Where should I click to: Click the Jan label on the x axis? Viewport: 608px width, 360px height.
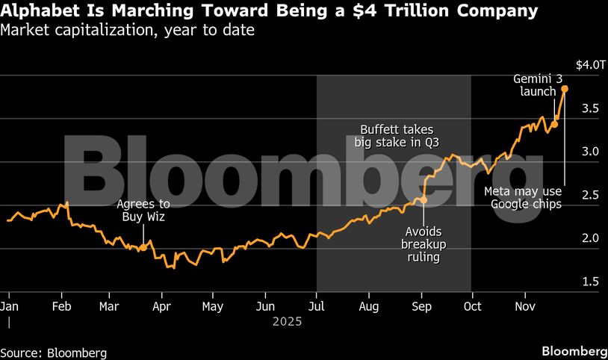click(x=10, y=305)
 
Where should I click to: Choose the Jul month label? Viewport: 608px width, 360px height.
click(x=317, y=305)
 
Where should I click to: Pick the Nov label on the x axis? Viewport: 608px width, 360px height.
click(x=526, y=305)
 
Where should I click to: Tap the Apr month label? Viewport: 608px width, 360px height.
click(x=161, y=305)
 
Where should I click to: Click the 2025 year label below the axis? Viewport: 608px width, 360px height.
click(x=287, y=321)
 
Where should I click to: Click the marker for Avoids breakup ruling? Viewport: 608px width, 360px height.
click(x=424, y=200)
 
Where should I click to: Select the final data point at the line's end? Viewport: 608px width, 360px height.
click(x=565, y=89)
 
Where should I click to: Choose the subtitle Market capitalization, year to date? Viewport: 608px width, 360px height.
click(x=127, y=31)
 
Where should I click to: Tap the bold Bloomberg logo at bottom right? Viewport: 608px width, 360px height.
click(x=574, y=352)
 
